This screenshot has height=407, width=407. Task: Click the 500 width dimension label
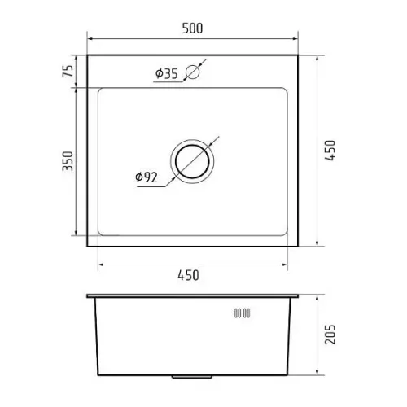192,28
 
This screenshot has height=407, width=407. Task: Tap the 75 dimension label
68,71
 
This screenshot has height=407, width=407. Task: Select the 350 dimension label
68,161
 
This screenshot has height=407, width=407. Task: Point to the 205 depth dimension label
330,335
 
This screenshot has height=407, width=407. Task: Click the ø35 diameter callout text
167,73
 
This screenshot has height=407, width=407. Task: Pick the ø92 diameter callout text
147,177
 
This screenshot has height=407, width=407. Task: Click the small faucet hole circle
193,72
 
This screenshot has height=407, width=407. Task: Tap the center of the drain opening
192,161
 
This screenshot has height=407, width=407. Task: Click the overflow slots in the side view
242,313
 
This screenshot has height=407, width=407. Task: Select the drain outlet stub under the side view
192,377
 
